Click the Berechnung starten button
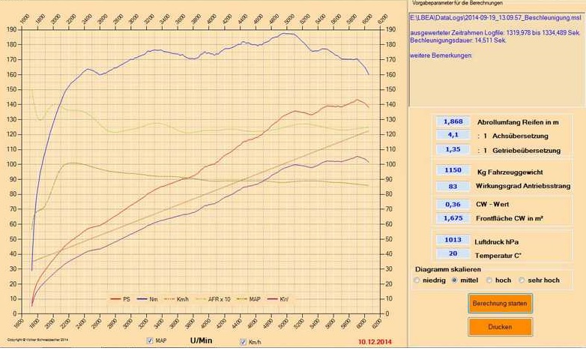(x=501, y=304)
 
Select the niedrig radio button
(x=417, y=280)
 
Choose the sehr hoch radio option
(x=522, y=280)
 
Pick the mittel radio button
(x=454, y=280)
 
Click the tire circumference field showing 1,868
(x=453, y=121)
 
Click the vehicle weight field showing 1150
(x=453, y=171)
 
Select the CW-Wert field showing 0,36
(x=453, y=204)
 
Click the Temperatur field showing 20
(x=453, y=254)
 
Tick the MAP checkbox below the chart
(x=151, y=341)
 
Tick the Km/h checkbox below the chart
(x=243, y=342)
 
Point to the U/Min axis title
(x=201, y=340)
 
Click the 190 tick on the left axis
(x=12, y=29)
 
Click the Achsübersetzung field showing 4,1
(x=453, y=136)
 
